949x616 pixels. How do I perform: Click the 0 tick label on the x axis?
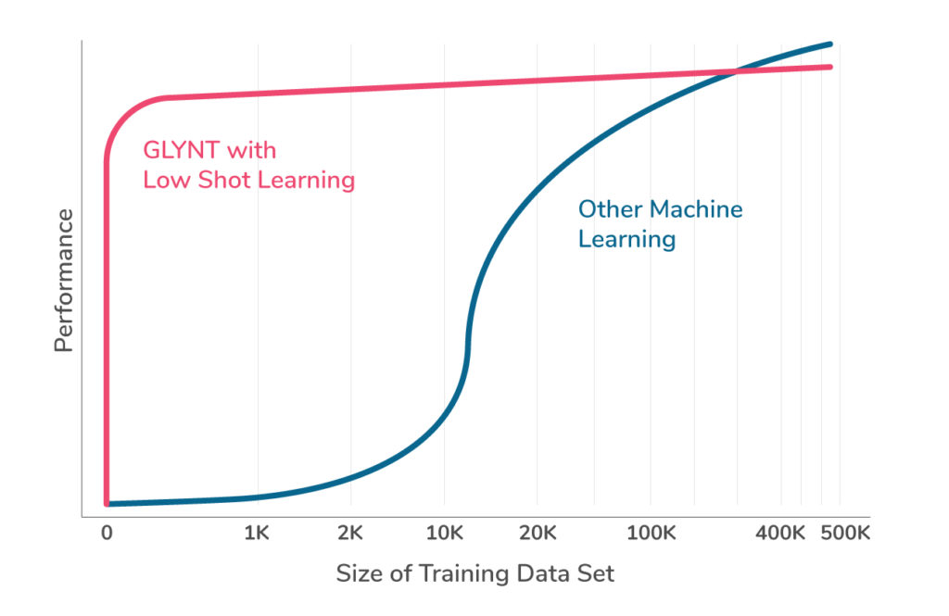point(107,534)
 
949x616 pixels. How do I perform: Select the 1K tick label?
point(257,534)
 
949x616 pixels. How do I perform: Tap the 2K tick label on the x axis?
point(350,534)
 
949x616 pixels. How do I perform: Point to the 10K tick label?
point(445,534)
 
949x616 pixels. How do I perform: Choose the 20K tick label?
point(538,534)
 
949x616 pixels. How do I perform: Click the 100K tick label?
point(651,534)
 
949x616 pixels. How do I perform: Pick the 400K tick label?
point(780,534)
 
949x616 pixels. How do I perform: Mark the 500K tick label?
point(844,534)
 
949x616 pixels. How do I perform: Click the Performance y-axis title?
point(63,281)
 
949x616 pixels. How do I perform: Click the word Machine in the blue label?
point(693,209)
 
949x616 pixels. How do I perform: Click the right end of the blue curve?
point(830,44)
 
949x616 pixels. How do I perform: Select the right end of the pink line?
point(830,67)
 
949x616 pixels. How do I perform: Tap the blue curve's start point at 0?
point(108,504)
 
